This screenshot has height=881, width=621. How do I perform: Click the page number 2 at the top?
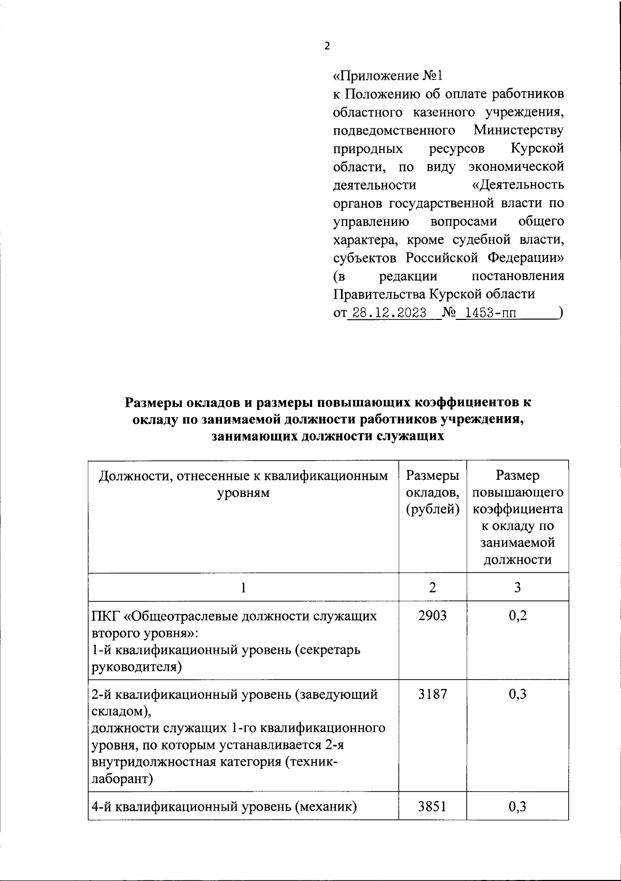coord(326,46)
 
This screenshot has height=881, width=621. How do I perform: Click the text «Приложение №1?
coord(388,76)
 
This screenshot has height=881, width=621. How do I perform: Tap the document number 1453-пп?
coord(486,313)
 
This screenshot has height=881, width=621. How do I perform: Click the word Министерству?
coord(519,130)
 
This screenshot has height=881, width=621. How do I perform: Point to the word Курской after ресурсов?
coord(537,149)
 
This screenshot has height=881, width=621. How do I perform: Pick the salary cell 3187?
coord(432,694)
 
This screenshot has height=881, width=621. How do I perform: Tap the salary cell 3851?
coord(432,806)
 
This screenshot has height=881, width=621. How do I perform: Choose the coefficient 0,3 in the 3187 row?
coord(517,694)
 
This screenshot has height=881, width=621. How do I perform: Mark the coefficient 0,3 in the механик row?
coord(517,806)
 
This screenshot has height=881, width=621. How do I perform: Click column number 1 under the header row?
coord(243,587)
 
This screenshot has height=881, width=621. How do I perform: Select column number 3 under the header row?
coord(517,587)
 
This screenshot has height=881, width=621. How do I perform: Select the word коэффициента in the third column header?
coord(517,509)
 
